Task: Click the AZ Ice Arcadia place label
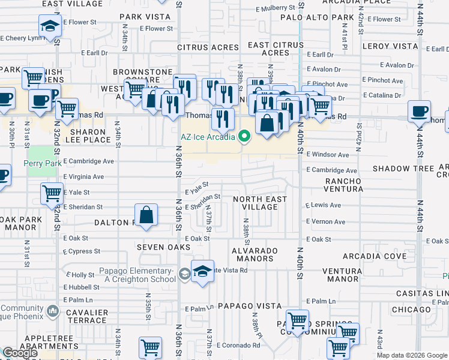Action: (x=208, y=136)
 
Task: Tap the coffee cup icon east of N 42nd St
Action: (x=419, y=111)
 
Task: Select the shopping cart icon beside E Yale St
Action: (x=52, y=193)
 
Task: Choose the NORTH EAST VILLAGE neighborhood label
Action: (x=259, y=203)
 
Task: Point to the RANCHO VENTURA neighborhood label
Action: (x=343, y=185)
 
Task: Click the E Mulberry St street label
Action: (x=276, y=8)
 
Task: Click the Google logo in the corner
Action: (x=20, y=353)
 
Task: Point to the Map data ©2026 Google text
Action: (x=412, y=355)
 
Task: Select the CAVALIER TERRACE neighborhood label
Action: (x=87, y=316)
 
